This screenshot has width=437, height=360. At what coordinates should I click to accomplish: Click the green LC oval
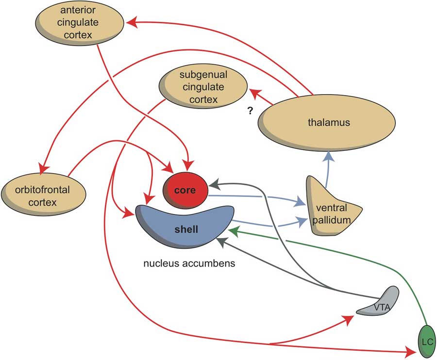point(427,342)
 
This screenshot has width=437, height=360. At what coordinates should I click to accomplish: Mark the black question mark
point(250,111)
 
